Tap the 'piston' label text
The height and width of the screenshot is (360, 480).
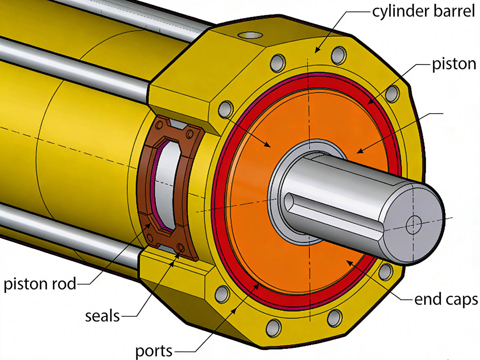tap(454, 64)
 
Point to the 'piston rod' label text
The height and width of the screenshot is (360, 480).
tap(39, 284)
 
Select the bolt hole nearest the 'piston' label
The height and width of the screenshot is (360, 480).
tap(392, 94)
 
